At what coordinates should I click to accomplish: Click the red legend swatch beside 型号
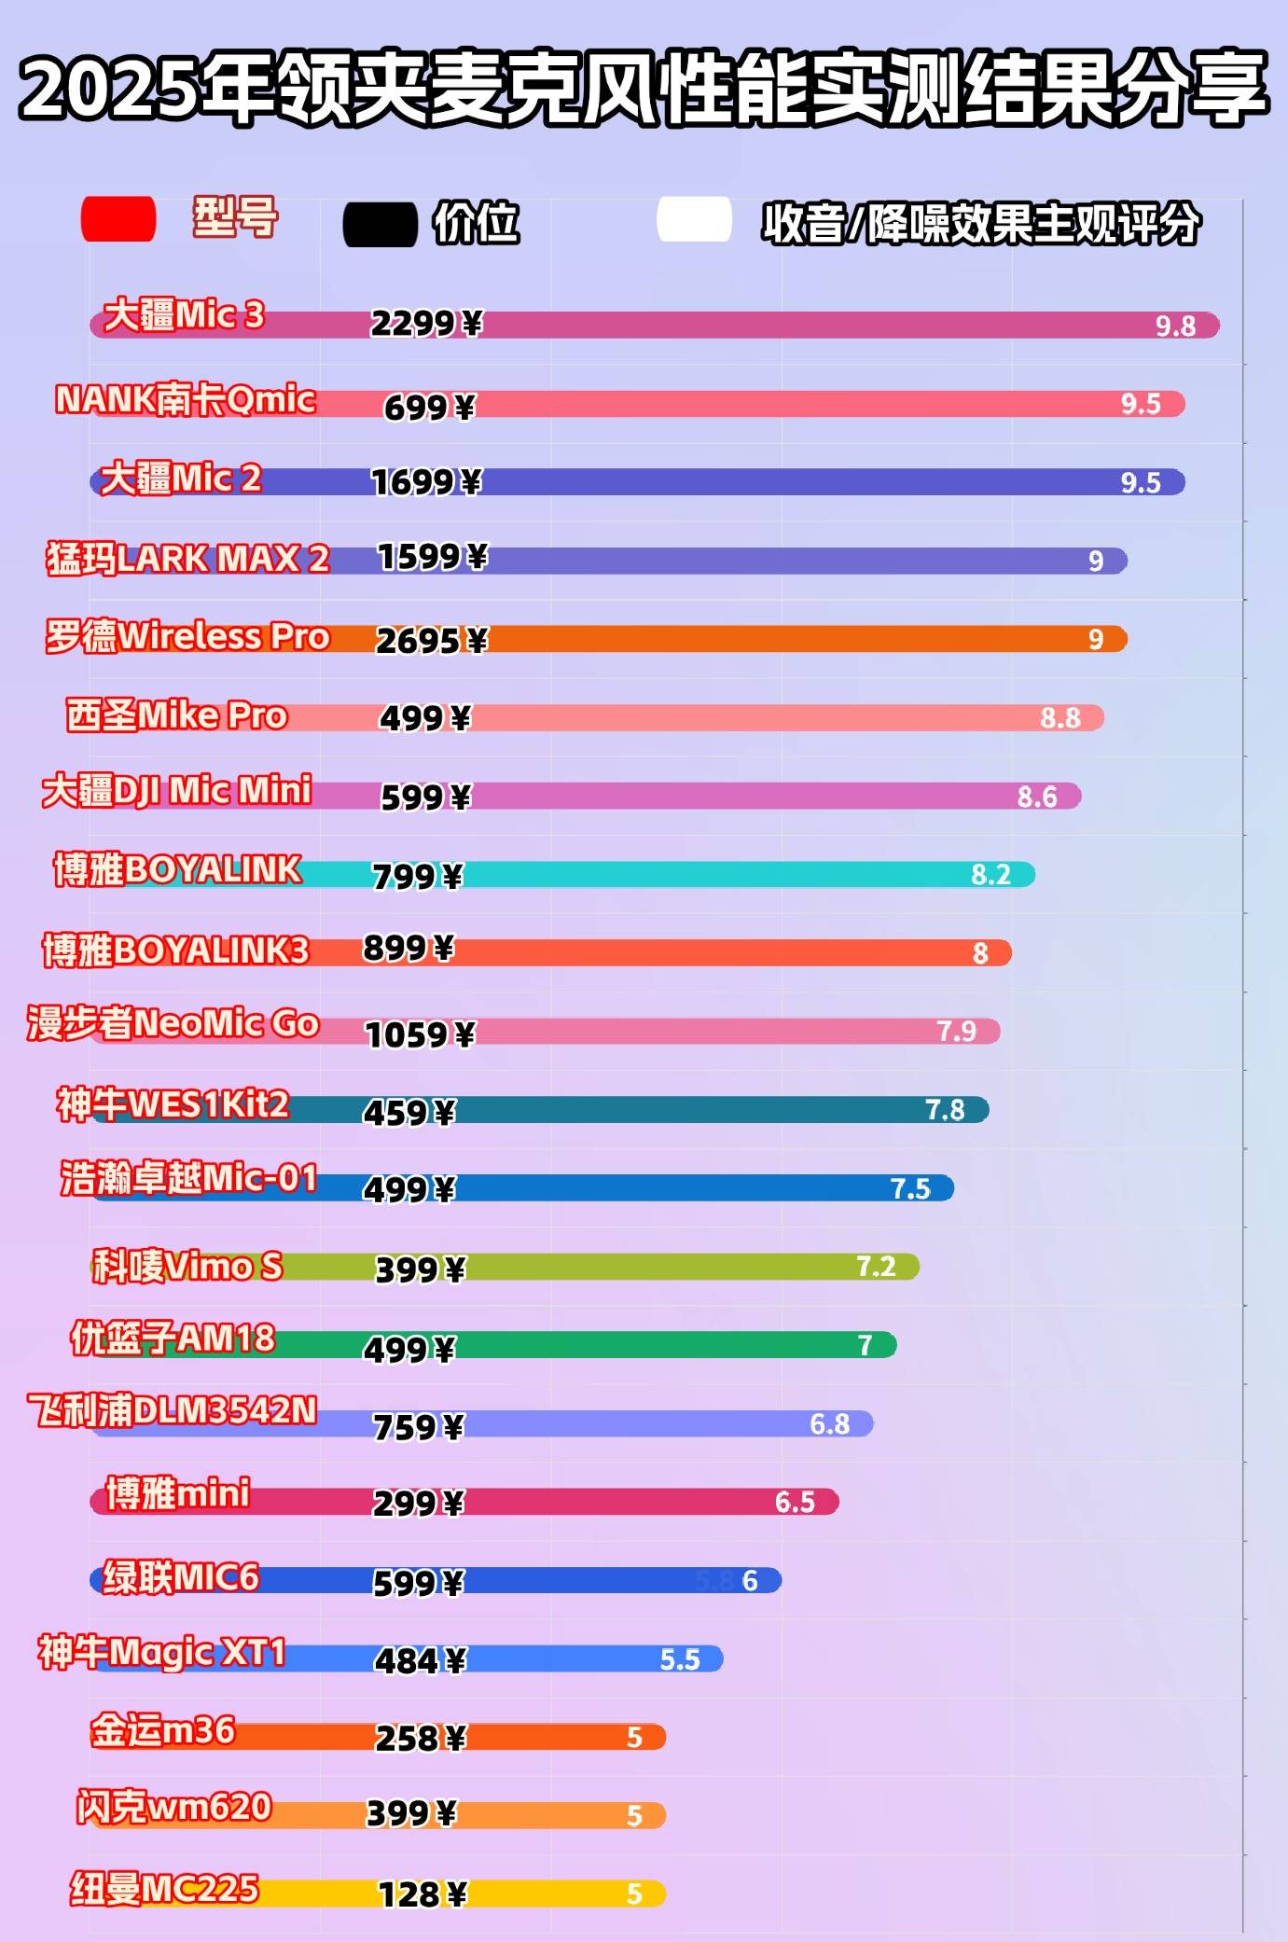coord(118,219)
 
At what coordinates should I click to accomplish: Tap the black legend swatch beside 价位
coord(380,225)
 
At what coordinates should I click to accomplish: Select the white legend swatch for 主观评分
coord(694,220)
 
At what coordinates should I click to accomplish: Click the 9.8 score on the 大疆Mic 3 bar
coord(1175,326)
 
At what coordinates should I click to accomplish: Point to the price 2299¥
coord(426,324)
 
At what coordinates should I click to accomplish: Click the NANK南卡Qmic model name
coord(186,399)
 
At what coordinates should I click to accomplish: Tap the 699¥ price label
coord(429,408)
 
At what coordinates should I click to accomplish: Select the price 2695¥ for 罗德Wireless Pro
coord(431,641)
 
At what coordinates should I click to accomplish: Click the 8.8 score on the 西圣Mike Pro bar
coord(1059,717)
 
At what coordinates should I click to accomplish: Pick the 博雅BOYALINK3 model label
coord(175,950)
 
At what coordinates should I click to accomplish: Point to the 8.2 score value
coord(990,874)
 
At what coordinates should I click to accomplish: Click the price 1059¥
coord(420,1034)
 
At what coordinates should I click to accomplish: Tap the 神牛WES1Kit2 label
coord(173,1104)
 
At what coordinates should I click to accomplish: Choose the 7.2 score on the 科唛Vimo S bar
coord(876,1266)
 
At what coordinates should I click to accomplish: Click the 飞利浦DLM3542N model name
coord(173,1410)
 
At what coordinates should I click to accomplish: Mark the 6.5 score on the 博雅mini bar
coord(795,1502)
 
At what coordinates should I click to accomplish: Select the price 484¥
coord(420,1660)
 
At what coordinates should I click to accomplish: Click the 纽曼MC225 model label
coord(164,1889)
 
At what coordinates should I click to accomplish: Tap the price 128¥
coord(422,1894)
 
